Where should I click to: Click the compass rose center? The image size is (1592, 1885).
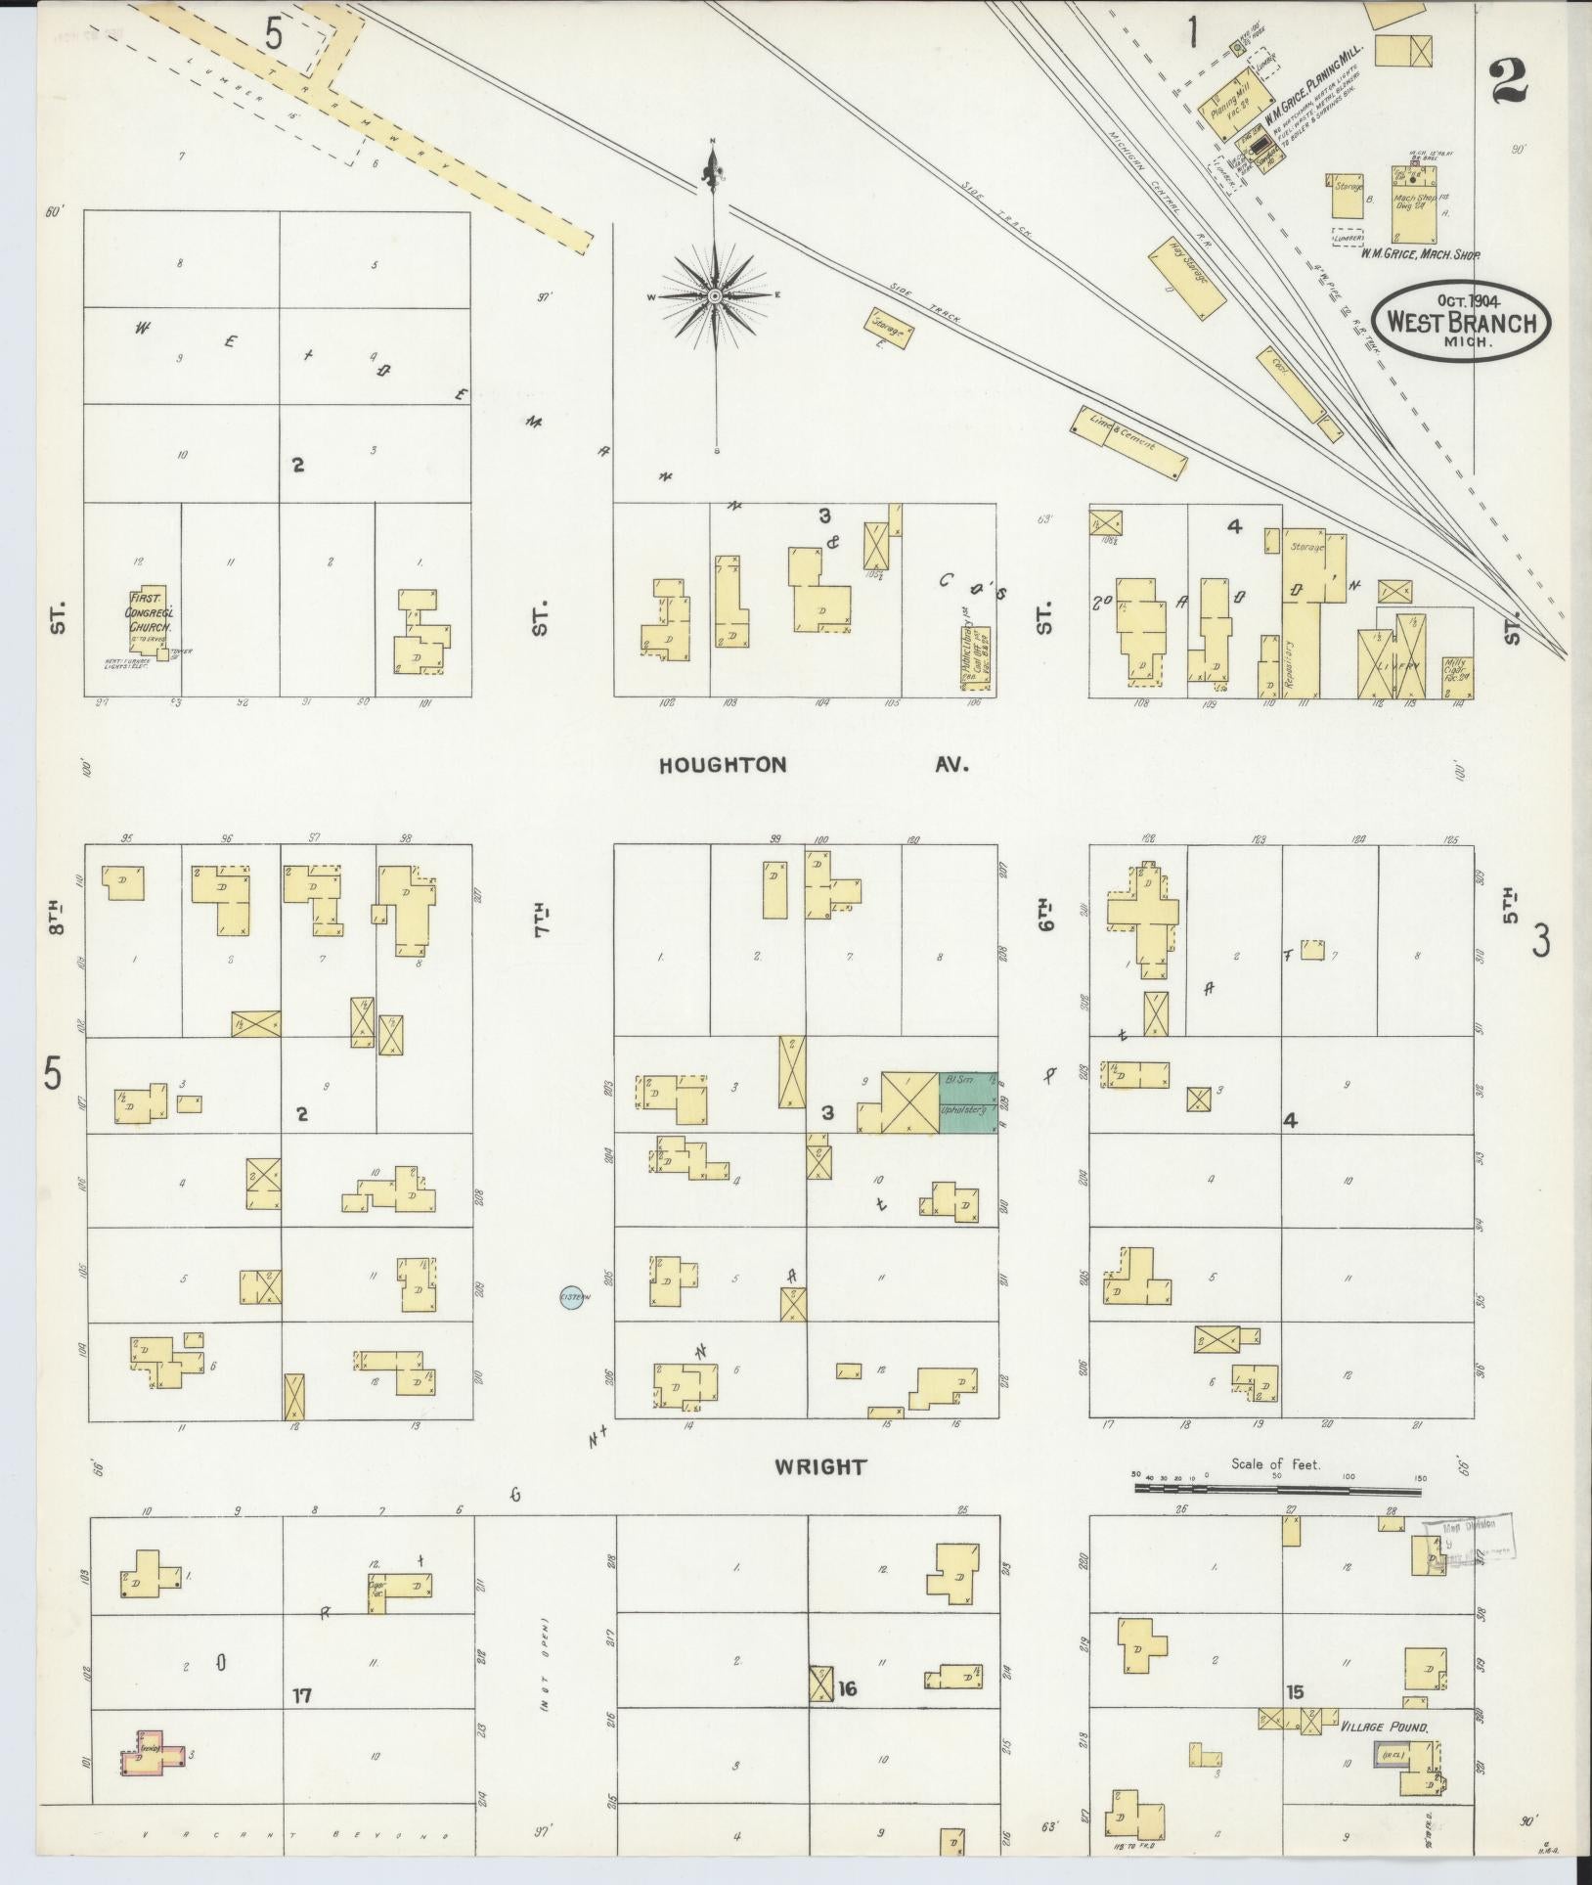[714, 294]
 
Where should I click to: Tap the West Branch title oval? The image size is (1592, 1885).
[1462, 324]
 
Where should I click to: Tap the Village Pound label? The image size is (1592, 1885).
[1384, 1728]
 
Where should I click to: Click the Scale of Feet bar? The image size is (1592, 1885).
[1277, 1516]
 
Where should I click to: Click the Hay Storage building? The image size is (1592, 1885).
[1187, 278]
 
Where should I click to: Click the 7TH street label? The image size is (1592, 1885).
[541, 918]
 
